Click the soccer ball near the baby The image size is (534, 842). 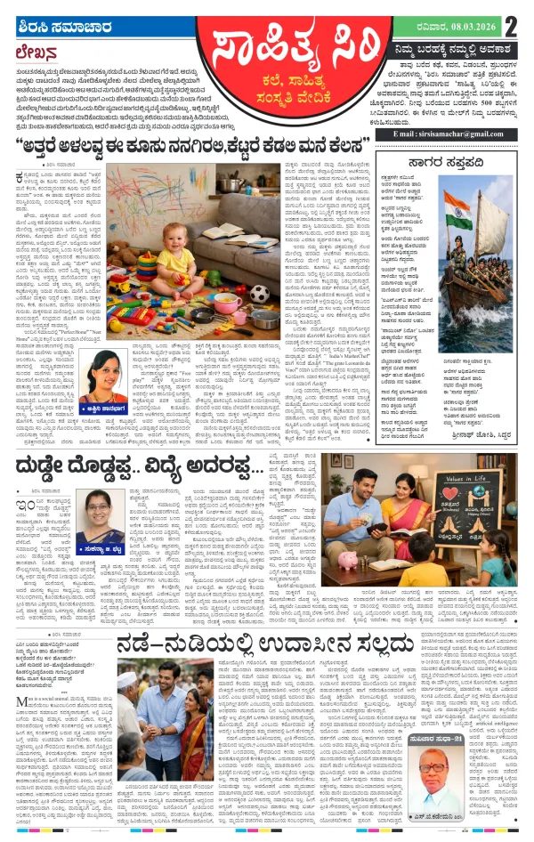[x=258, y=293]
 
